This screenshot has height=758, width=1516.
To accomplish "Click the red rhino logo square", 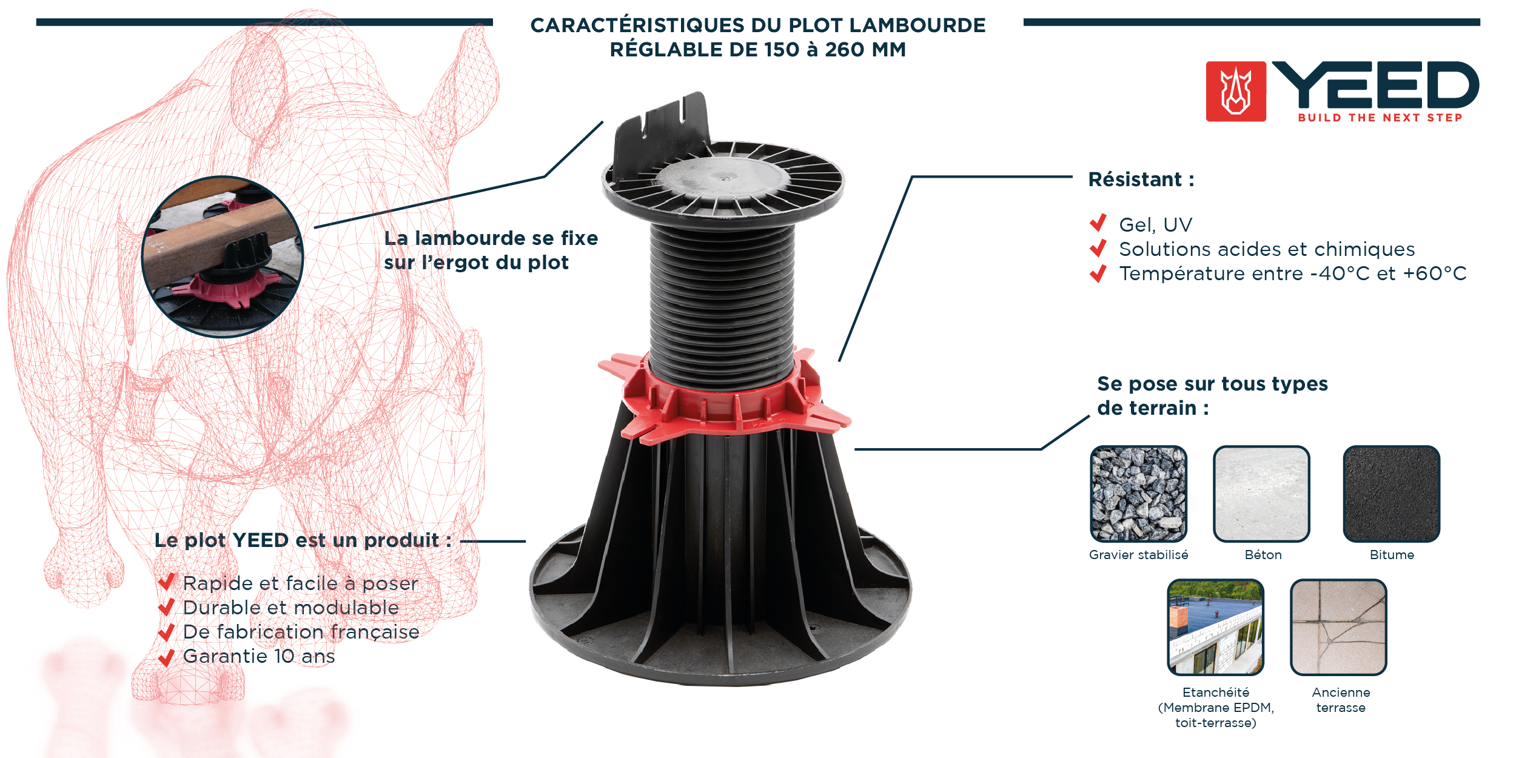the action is tap(1236, 92).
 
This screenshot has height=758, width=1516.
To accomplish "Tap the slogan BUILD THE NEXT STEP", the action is tap(1380, 118).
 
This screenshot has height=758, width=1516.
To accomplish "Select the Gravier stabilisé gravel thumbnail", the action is tap(1138, 494).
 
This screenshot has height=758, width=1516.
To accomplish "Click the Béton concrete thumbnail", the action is tap(1261, 494).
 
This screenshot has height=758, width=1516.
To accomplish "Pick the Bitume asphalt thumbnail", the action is tap(1392, 494).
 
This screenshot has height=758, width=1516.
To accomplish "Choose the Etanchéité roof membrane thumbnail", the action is tap(1216, 628).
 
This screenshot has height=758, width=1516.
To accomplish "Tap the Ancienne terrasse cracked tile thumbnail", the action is tap(1338, 628).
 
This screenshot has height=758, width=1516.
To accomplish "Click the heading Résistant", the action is tap(1141, 179).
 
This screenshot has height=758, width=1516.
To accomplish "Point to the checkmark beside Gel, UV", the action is tap(1098, 223).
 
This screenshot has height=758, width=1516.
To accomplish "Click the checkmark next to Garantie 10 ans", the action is tap(166, 657).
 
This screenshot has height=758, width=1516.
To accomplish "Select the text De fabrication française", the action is tap(301, 632).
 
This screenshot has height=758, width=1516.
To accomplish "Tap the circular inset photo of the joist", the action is tap(222, 257).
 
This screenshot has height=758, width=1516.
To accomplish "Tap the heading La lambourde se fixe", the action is tap(491, 238).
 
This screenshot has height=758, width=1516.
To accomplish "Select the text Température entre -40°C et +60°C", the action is tap(1293, 273).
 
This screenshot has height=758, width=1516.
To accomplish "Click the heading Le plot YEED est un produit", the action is tap(303, 540).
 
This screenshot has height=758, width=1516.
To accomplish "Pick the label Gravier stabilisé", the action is tap(1138, 555).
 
